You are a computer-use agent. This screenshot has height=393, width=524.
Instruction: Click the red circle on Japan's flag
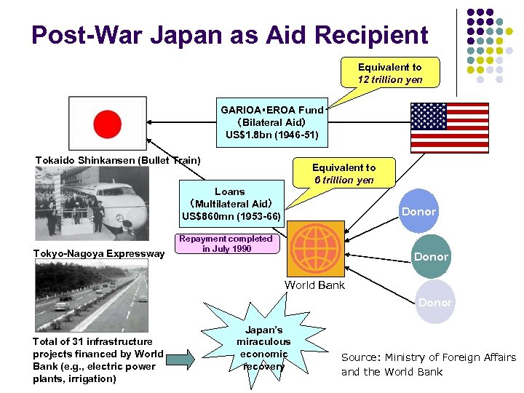(107, 125)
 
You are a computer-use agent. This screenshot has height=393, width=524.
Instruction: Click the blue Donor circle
(418, 211)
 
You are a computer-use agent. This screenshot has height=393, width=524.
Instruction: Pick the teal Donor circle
(431, 257)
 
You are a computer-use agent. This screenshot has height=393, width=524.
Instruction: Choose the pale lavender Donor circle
(434, 302)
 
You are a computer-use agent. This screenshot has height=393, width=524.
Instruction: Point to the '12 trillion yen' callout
(389, 74)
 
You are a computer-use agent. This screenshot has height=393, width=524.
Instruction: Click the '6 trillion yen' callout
(344, 173)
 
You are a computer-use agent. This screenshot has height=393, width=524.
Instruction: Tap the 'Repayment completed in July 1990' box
(226, 243)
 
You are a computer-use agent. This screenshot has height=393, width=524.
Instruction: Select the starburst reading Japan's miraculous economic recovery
(263, 347)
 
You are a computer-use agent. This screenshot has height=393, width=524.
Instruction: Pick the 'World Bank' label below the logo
(314, 285)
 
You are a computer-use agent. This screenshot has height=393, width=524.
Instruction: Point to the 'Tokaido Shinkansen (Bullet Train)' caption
(118, 160)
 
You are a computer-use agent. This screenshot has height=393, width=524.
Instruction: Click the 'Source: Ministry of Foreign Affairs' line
(429, 357)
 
